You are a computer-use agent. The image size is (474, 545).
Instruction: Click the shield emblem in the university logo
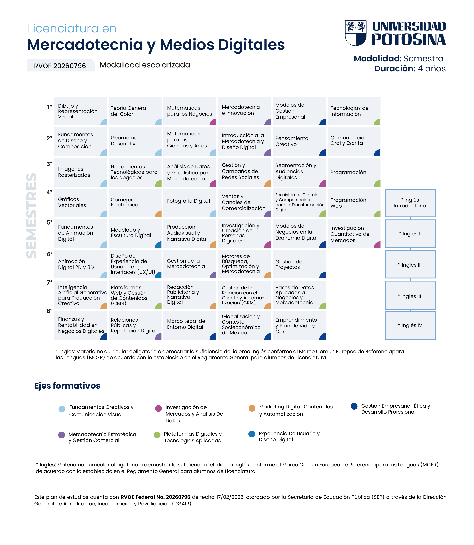(x=356, y=33)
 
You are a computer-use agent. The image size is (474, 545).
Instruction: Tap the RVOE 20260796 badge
(x=60, y=66)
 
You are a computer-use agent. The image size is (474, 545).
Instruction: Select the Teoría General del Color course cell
(x=135, y=111)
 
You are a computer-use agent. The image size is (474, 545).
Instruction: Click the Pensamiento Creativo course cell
(x=299, y=141)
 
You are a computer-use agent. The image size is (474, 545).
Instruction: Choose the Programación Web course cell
(x=354, y=203)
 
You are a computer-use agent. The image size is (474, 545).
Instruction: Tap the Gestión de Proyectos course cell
(x=299, y=264)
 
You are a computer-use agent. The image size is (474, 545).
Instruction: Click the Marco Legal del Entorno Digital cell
(x=189, y=325)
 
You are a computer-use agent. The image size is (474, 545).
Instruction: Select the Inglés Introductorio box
(x=410, y=203)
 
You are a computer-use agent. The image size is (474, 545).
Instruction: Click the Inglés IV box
(x=410, y=326)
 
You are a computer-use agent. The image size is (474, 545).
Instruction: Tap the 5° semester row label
(x=49, y=223)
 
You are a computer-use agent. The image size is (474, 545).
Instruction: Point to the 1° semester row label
(x=49, y=107)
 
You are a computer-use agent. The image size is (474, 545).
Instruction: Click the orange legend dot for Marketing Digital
(x=252, y=408)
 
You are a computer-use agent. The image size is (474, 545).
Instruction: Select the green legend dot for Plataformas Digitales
(x=157, y=435)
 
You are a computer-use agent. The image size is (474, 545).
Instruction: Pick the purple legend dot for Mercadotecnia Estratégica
(x=62, y=435)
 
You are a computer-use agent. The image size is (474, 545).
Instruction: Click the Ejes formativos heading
(x=67, y=386)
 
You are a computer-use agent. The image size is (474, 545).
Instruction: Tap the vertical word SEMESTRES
(x=32, y=215)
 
